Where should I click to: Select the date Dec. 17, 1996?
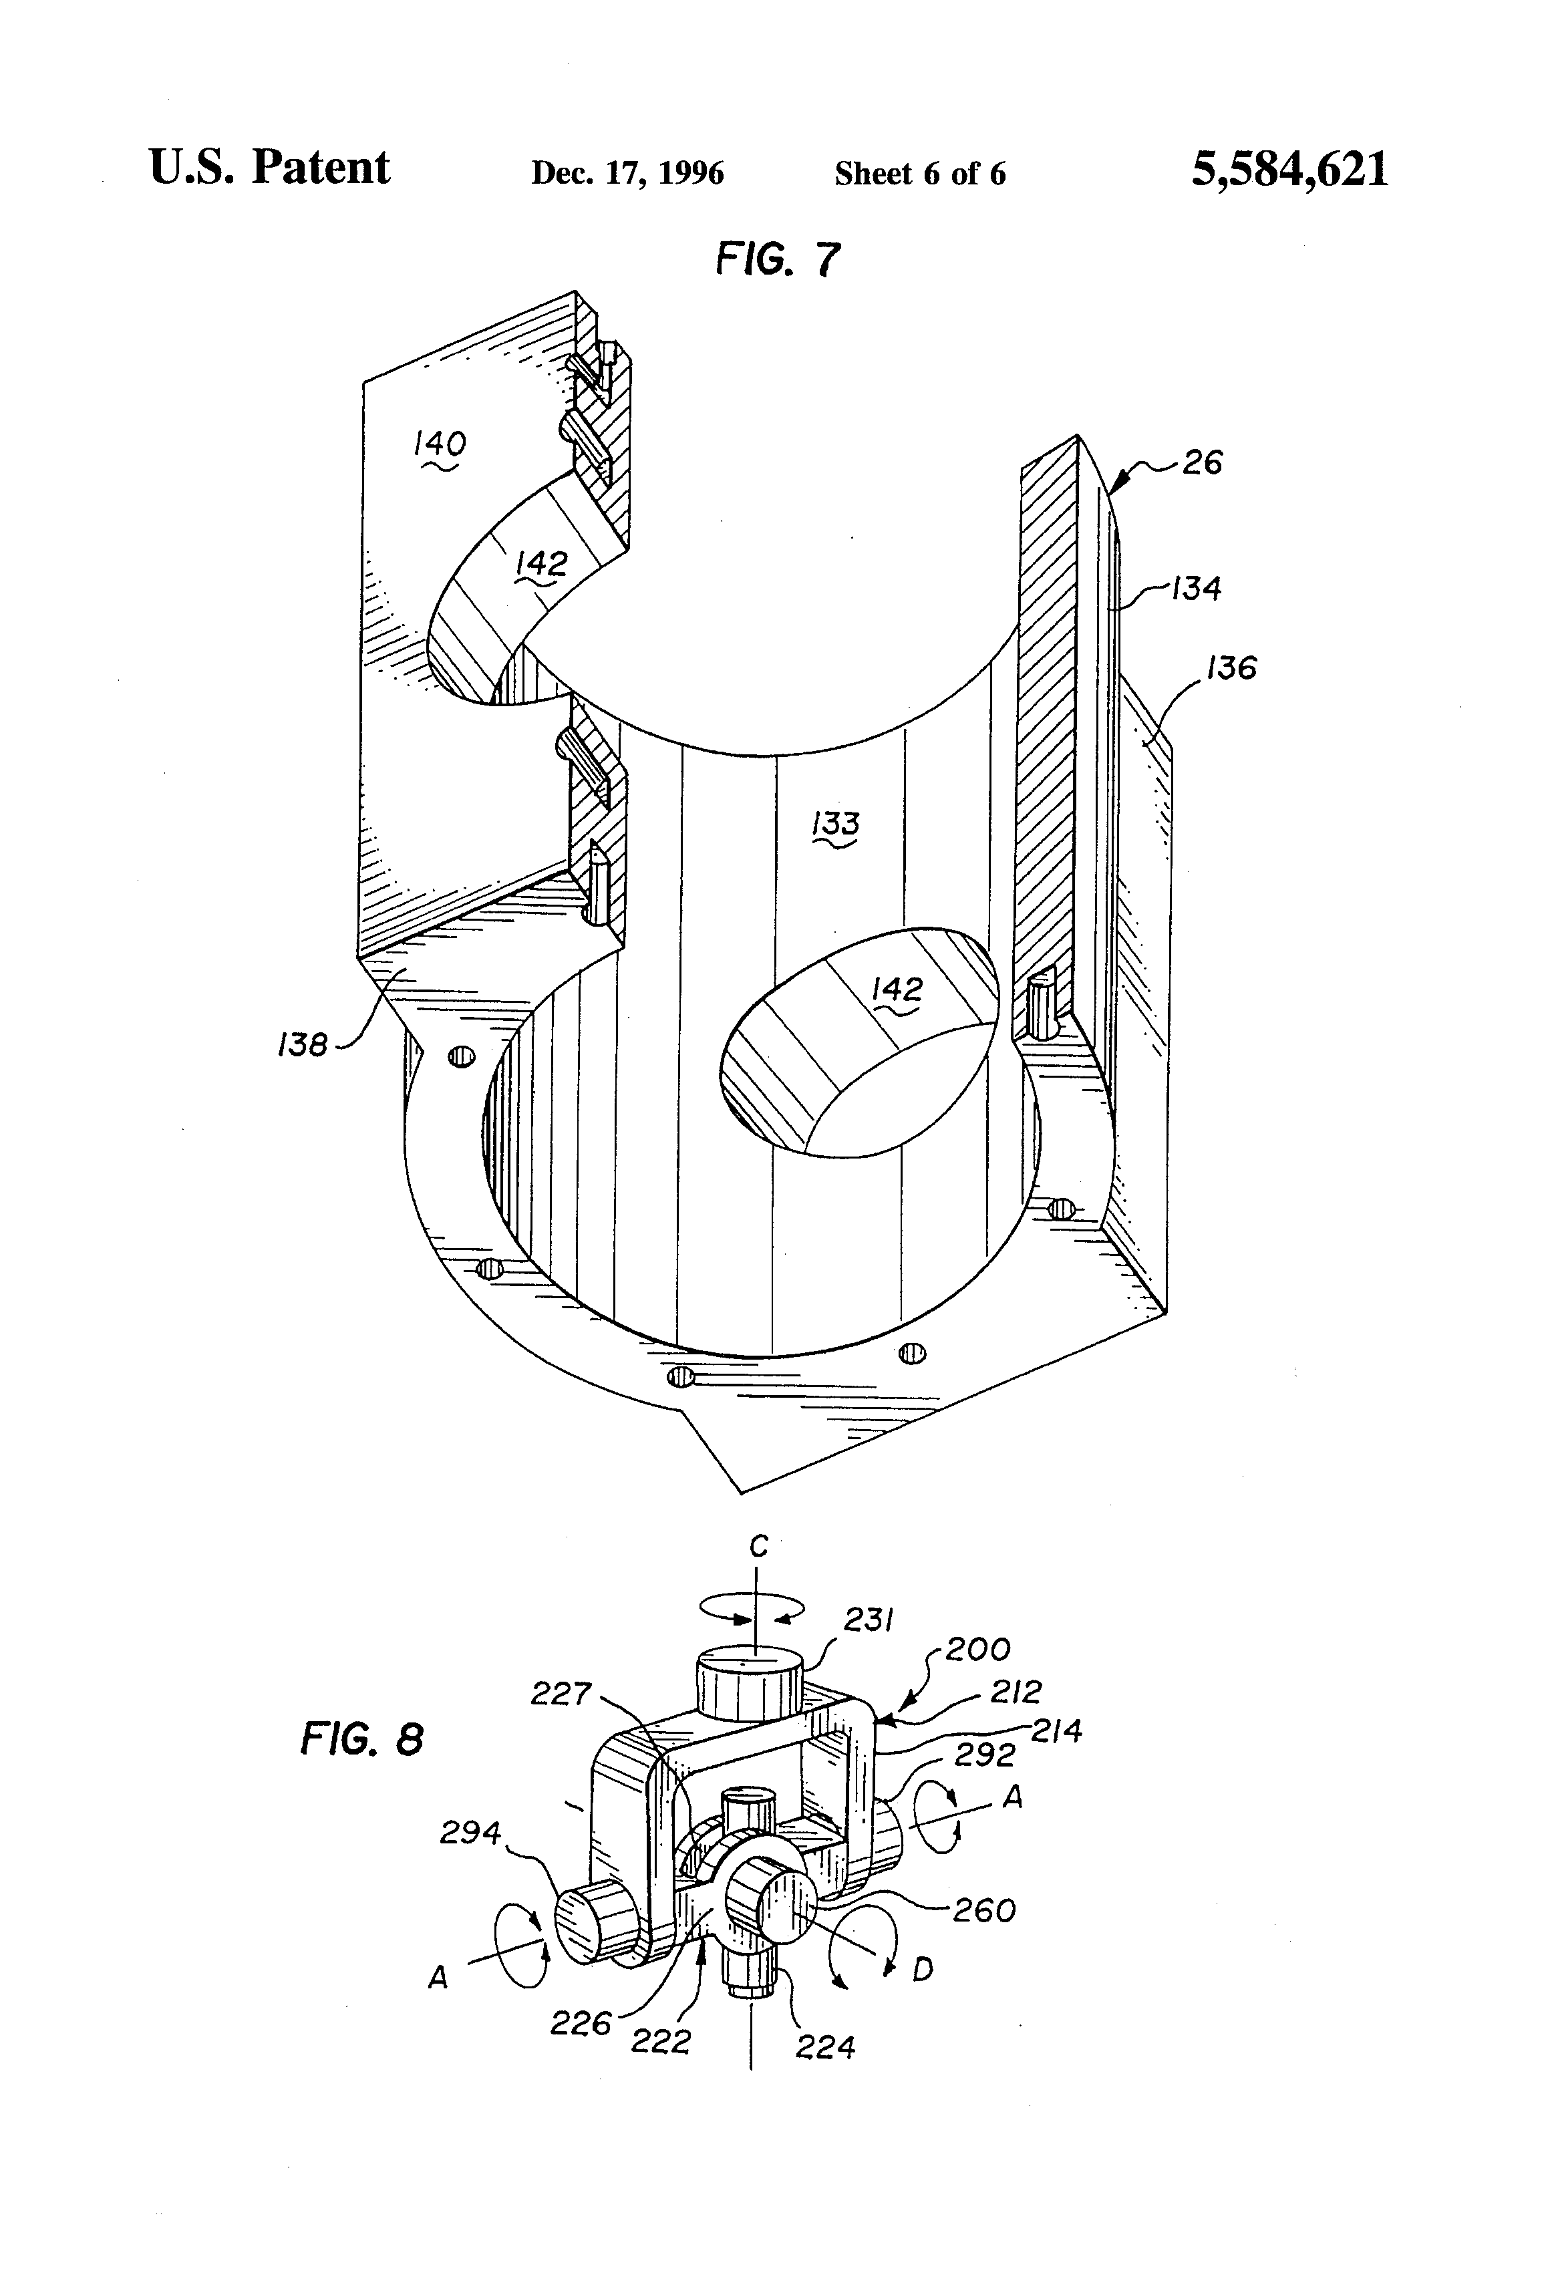(627, 174)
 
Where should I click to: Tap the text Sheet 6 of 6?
(919, 174)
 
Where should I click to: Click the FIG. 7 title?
(778, 260)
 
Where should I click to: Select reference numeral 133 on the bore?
(836, 824)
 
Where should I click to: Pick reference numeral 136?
(1231, 668)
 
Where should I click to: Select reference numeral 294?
(470, 1832)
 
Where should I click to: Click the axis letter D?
(922, 1970)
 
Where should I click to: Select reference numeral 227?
(561, 1693)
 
